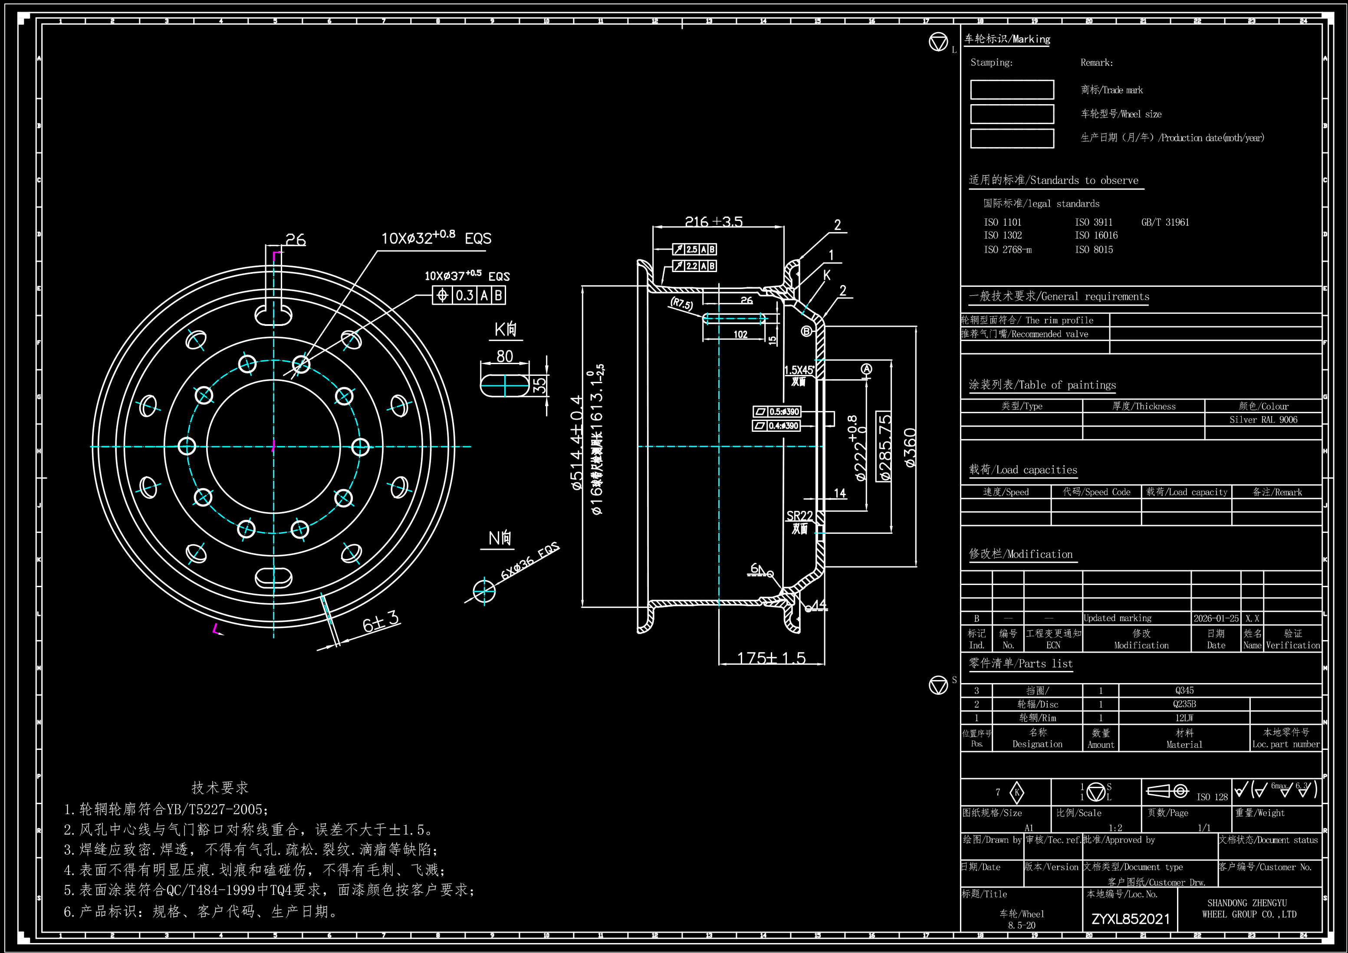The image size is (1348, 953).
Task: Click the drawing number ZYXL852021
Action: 1130,919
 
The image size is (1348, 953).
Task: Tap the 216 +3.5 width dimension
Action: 713,221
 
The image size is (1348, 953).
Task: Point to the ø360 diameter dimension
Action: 910,447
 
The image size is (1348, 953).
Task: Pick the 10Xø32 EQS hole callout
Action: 436,238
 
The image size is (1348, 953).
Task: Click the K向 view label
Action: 506,329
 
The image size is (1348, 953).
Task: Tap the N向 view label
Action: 500,538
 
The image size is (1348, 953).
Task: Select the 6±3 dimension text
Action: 381,621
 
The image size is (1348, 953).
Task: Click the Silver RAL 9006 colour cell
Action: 1263,419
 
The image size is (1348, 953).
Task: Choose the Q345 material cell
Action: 1184,690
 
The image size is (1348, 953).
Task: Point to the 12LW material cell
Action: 1184,717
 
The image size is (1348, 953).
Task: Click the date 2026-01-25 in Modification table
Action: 1216,618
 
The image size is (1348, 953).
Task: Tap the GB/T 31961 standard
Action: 1165,222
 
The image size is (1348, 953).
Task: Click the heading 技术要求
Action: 220,787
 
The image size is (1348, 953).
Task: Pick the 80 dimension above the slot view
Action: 504,356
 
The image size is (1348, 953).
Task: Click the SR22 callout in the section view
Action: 799,516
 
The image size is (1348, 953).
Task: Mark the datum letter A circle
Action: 866,369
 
